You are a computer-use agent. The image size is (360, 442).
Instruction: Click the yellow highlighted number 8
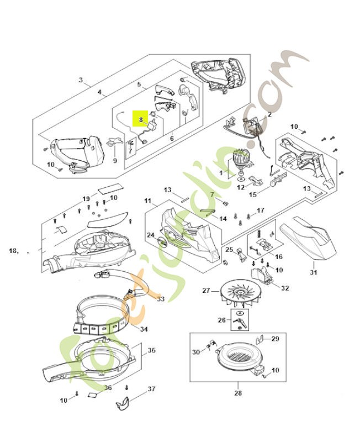pyautogui.click(x=141, y=119)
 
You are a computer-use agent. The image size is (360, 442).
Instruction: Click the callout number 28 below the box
pyautogui.click(x=237, y=393)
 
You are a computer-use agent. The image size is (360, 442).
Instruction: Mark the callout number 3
pyautogui.click(x=81, y=80)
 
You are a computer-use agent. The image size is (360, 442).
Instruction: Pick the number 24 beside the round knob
pyautogui.click(x=150, y=235)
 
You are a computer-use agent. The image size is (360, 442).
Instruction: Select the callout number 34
pyautogui.click(x=144, y=330)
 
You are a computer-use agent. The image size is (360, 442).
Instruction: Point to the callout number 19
pyautogui.click(x=86, y=198)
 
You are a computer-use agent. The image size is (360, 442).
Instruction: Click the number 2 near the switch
pyautogui.click(x=269, y=114)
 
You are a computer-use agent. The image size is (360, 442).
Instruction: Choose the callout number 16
pyautogui.click(x=278, y=257)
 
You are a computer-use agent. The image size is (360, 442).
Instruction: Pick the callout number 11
pyautogui.click(x=147, y=199)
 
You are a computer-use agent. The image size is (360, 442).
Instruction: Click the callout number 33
pyautogui.click(x=161, y=299)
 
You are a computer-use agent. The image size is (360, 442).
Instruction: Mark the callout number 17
pyautogui.click(x=261, y=211)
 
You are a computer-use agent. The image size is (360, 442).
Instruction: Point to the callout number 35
pyautogui.click(x=151, y=350)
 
